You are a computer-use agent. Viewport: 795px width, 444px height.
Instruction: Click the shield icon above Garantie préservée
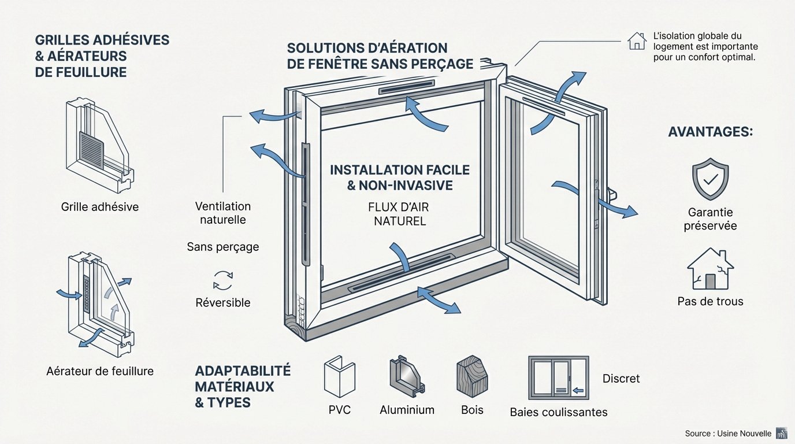point(710,179)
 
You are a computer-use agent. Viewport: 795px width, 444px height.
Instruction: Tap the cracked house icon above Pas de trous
point(710,269)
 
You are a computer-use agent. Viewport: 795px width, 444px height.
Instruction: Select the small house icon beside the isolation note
point(637,40)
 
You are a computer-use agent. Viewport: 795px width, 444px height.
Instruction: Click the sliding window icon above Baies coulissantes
point(558,378)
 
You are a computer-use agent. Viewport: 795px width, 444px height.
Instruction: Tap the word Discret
point(621,379)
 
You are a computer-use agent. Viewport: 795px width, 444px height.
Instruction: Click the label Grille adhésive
point(99,206)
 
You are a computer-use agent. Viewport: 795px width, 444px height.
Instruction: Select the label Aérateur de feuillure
point(100,371)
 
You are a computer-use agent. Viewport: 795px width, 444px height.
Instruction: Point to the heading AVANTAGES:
point(710,132)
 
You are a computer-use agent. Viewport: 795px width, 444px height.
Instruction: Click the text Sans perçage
point(222,247)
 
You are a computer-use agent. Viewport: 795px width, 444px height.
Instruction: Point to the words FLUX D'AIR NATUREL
point(399,214)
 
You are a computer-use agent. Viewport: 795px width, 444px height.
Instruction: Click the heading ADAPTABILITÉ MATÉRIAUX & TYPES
point(243,386)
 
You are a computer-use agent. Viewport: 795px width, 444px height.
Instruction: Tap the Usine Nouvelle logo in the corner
point(783,434)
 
